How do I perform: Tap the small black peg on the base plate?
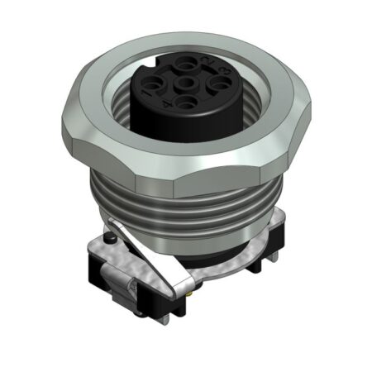pyautogui.click(x=111, y=240)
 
